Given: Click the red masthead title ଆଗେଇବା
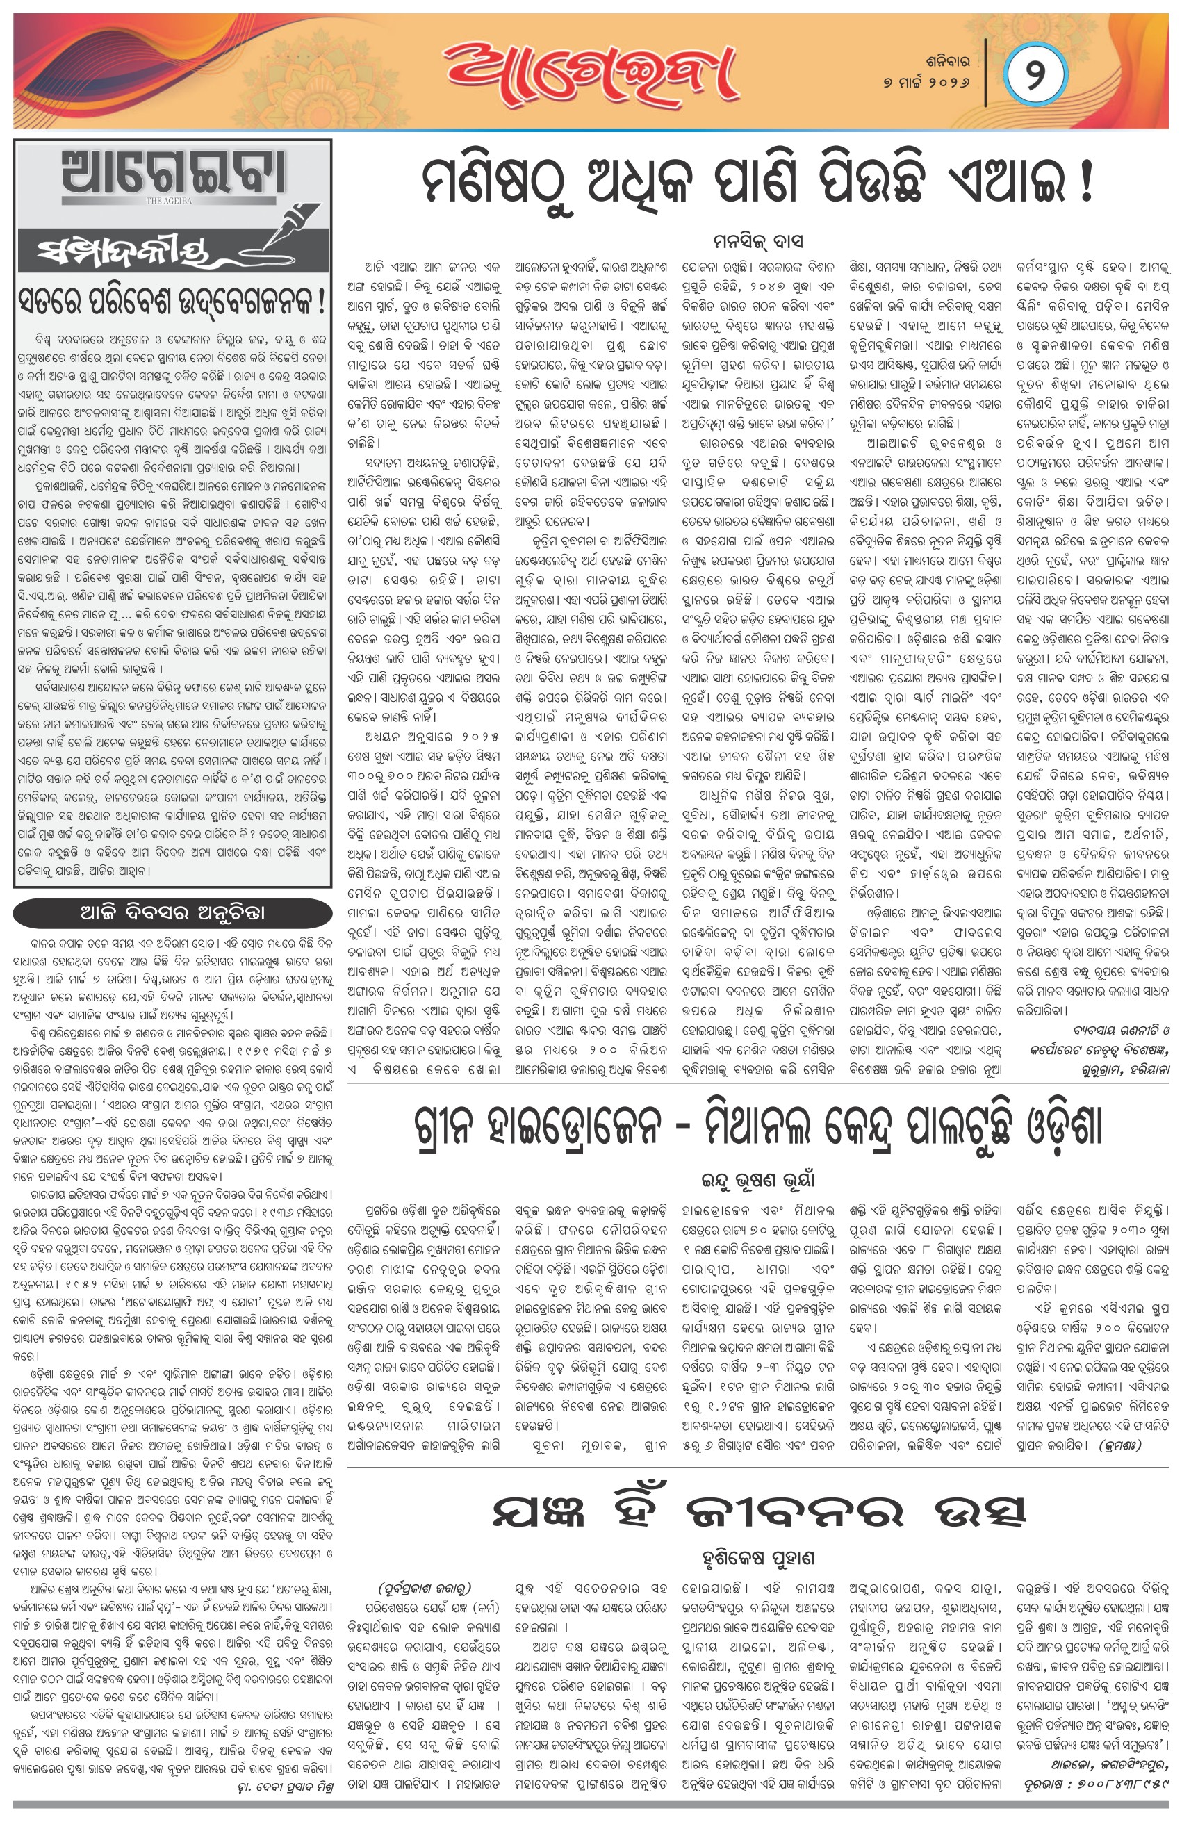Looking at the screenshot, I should click(x=590, y=74).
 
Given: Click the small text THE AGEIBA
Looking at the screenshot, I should click(x=170, y=202).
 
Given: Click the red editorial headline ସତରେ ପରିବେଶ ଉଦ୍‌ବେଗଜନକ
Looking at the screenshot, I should click(x=173, y=304).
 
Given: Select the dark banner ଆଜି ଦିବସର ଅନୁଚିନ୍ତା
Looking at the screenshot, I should click(x=173, y=912).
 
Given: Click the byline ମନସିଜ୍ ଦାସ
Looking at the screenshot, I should click(x=757, y=241).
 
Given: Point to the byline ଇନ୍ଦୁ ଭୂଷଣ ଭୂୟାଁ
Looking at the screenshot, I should click(x=758, y=1180).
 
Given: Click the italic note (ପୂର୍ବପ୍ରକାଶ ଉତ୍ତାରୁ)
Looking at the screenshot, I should click(x=424, y=1588).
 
